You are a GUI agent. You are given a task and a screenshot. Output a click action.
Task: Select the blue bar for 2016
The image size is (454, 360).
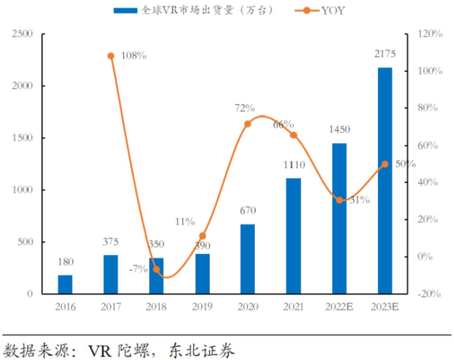click(65, 284)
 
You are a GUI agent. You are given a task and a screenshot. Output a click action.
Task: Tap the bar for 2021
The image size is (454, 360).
click(294, 236)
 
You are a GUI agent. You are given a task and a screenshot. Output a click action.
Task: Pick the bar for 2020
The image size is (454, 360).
click(248, 258)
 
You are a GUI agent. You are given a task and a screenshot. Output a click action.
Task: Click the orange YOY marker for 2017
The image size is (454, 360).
click(111, 56)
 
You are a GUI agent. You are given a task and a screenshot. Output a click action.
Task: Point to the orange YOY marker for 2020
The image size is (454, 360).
click(248, 124)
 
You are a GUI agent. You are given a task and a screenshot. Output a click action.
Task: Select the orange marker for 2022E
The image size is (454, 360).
click(339, 200)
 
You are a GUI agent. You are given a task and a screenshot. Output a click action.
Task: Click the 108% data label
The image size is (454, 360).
click(133, 56)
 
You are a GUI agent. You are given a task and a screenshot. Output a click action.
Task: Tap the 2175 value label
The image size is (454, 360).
click(385, 55)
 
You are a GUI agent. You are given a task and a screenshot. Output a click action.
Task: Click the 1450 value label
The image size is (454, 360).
click(339, 130)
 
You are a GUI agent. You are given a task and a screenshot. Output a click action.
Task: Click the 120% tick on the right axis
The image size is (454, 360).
click(429, 34)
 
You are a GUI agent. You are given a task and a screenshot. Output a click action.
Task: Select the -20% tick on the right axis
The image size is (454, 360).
click(429, 293)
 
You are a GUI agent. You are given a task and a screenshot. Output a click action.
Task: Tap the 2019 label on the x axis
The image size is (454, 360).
click(202, 307)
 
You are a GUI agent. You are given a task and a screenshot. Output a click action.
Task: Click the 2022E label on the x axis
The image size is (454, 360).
click(339, 307)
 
